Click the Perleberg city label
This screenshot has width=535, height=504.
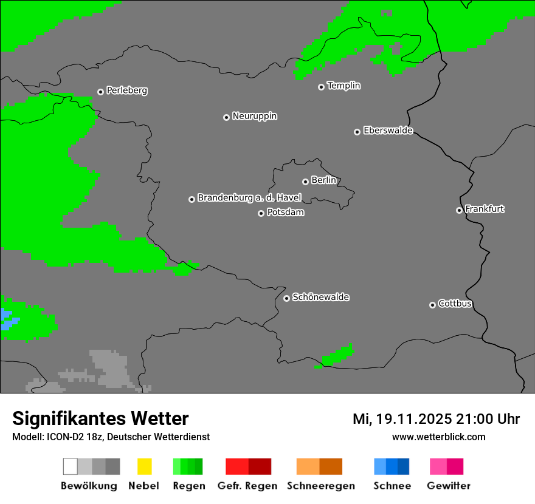126,90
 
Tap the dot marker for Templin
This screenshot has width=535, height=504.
321,87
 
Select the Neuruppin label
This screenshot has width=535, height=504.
254,116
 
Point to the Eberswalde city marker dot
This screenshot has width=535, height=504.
357,132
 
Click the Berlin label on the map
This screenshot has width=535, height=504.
323,180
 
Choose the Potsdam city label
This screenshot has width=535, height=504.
285,213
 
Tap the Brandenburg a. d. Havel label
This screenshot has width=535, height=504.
249,198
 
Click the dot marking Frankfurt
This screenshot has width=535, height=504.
459,211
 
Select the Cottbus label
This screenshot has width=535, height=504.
455,304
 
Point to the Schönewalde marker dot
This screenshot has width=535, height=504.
286,298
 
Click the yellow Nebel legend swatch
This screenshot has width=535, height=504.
144,466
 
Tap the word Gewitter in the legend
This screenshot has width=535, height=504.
449,486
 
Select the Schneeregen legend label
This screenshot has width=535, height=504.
320,486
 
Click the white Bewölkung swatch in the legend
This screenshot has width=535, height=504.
71,466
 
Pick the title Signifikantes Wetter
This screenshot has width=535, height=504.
100,419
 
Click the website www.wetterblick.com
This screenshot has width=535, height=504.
438,437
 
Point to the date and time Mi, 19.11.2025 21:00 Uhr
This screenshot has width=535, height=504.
436,419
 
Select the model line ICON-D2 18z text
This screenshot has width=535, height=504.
111,437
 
